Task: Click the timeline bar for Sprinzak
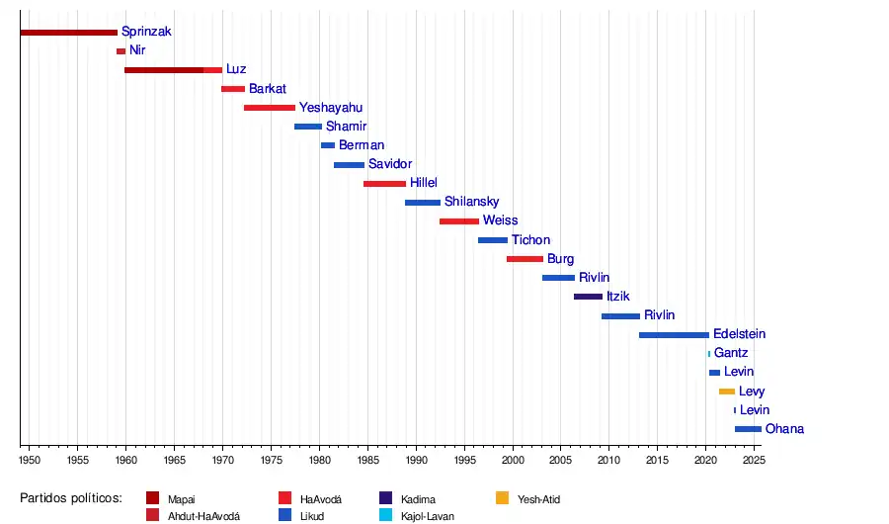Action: [68, 33]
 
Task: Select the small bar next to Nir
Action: [121, 51]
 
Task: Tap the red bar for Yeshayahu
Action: [269, 108]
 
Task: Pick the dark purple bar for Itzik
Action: [588, 297]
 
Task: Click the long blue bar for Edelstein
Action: [674, 335]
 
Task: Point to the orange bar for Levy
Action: [727, 392]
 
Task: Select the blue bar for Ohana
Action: [748, 429]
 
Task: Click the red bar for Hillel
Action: [384, 184]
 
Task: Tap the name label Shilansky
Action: [471, 202]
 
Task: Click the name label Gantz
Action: [731, 353]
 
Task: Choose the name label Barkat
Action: [268, 89]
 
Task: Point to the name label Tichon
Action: [530, 240]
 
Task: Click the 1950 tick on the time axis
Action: [29, 461]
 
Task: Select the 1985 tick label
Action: [367, 461]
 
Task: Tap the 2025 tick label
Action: [753, 461]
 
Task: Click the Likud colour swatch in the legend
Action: [285, 515]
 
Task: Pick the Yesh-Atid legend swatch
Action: [503, 498]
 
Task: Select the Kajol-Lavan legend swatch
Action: [386, 515]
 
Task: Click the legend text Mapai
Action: [182, 499]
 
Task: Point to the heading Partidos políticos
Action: [70, 497]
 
